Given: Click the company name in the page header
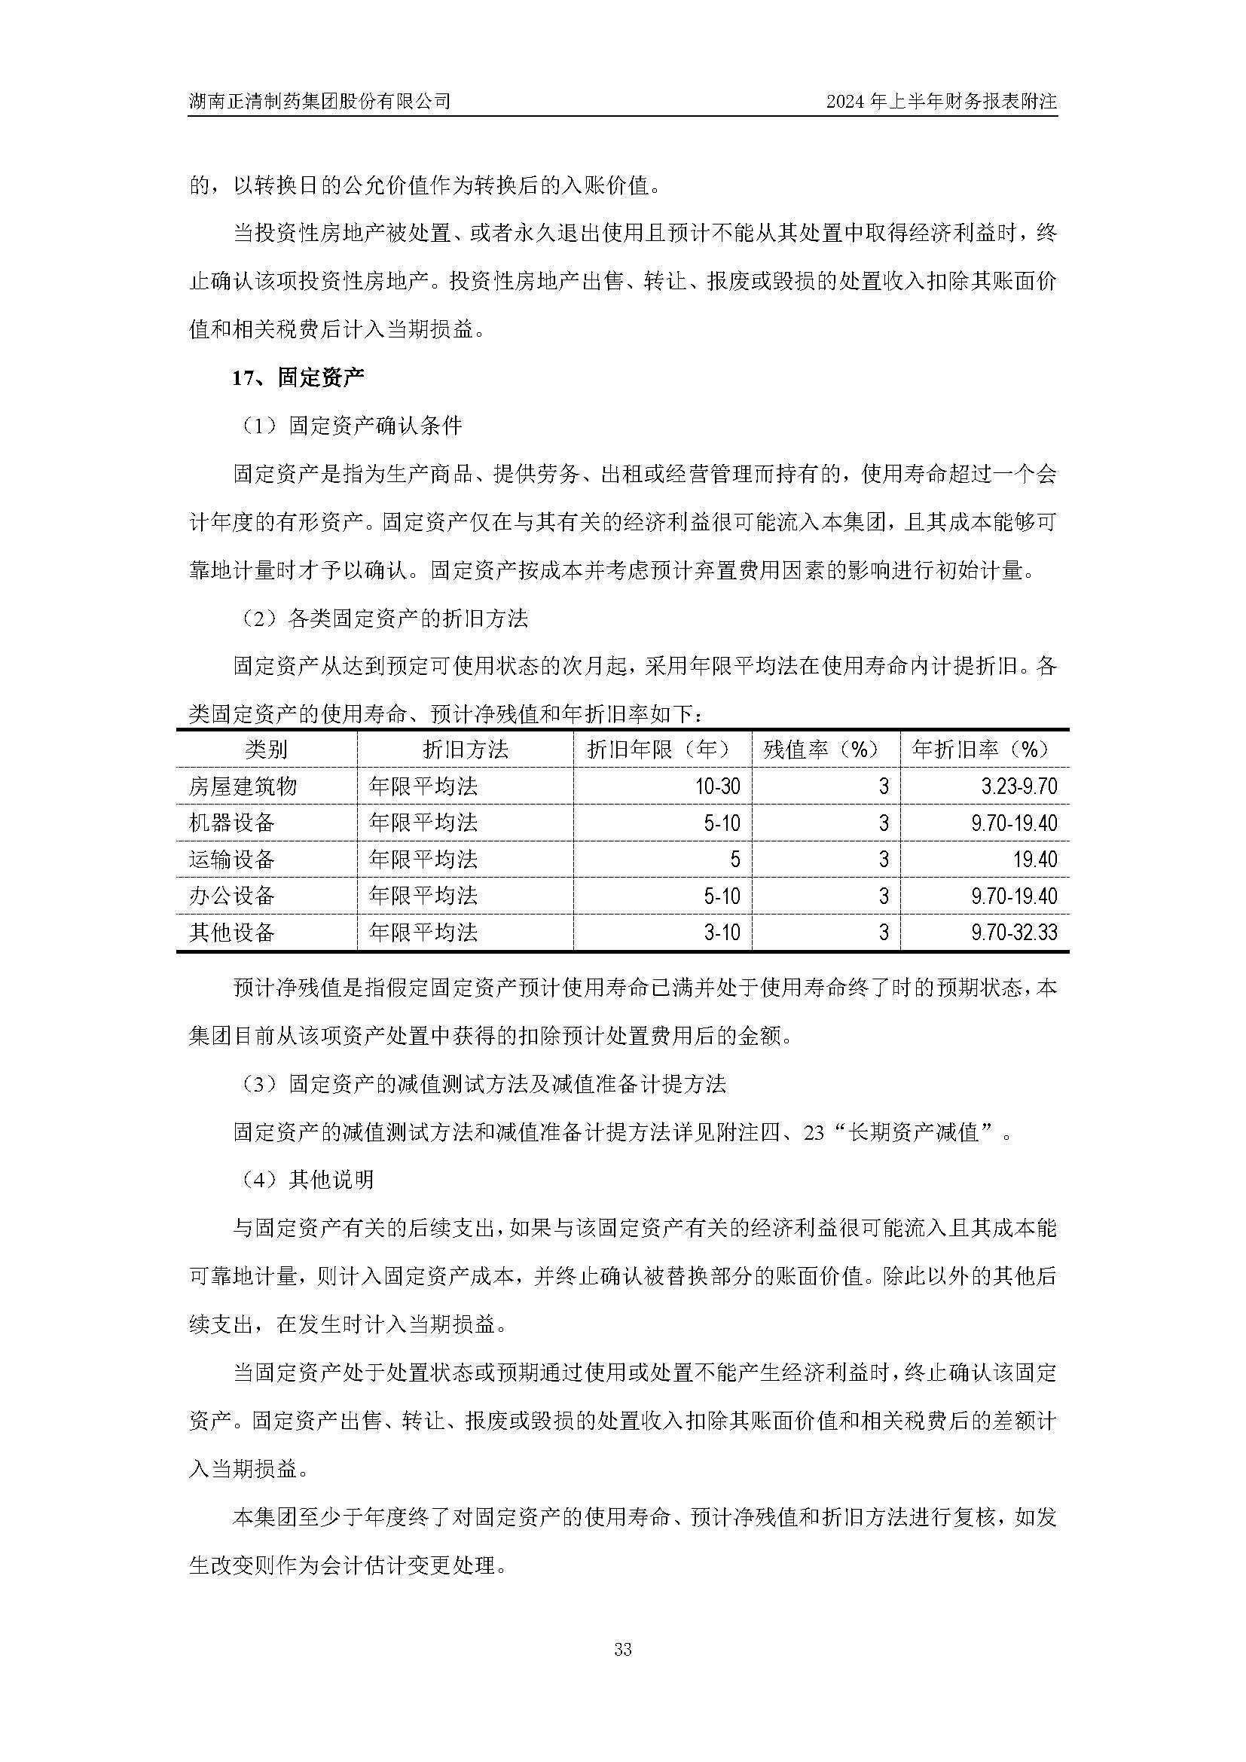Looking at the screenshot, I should [x=319, y=100].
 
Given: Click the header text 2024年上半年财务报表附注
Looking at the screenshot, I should [x=942, y=100].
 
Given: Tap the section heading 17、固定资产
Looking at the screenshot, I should [x=298, y=377].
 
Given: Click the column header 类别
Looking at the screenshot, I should [x=266, y=749].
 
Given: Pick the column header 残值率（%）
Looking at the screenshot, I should [x=821, y=749].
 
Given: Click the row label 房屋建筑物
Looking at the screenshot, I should [x=243, y=786].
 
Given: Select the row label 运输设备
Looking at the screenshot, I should [x=232, y=859].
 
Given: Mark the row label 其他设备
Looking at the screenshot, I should [x=232, y=933].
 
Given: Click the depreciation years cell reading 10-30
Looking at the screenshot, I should [x=719, y=786].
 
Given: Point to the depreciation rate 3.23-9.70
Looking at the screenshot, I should [x=1019, y=786].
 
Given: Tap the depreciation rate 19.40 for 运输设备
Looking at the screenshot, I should [x=1035, y=859].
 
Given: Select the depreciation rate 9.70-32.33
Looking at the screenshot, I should [x=1013, y=933].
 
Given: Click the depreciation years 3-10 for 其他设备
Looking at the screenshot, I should [x=722, y=933].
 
